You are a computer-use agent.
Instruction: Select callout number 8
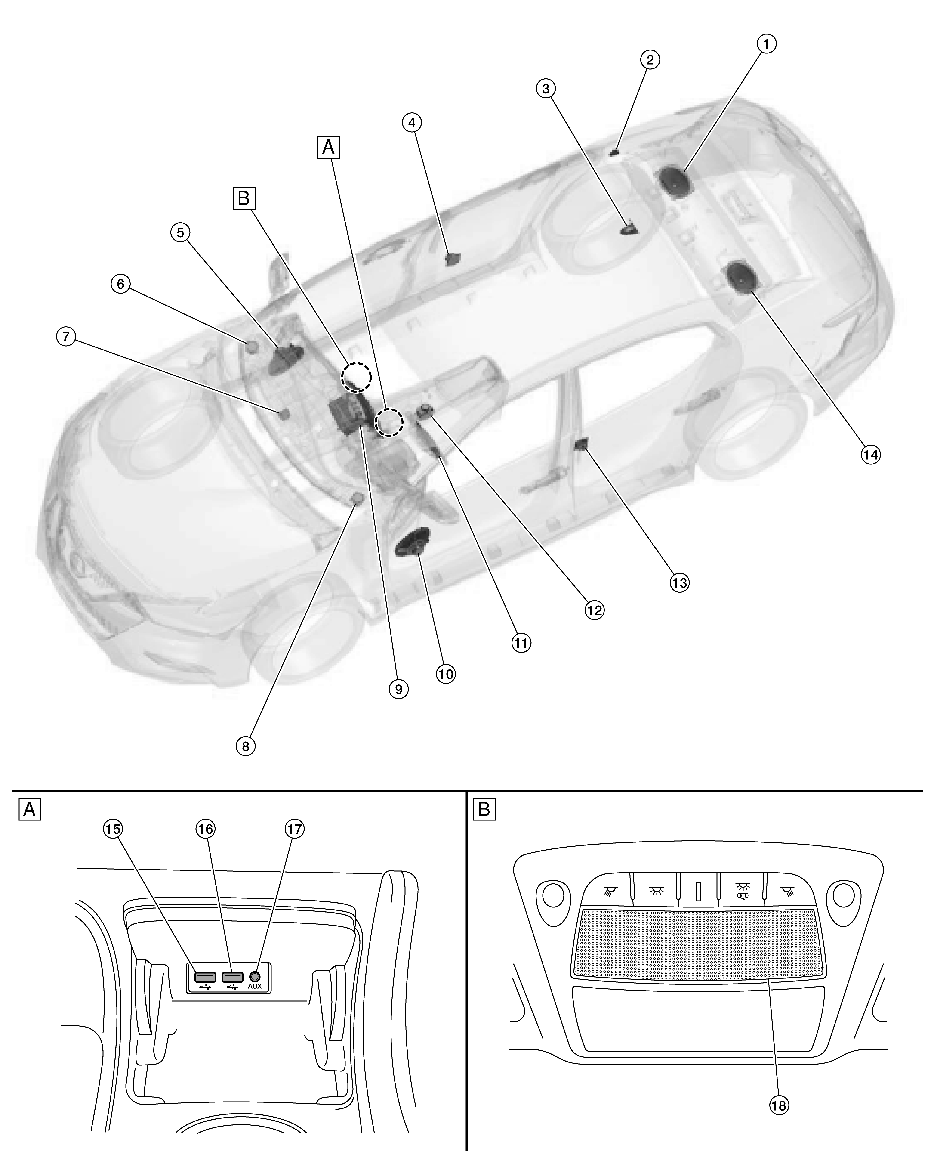[246, 747]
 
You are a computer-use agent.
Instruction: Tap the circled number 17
[295, 829]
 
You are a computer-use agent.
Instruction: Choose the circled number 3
[546, 88]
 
